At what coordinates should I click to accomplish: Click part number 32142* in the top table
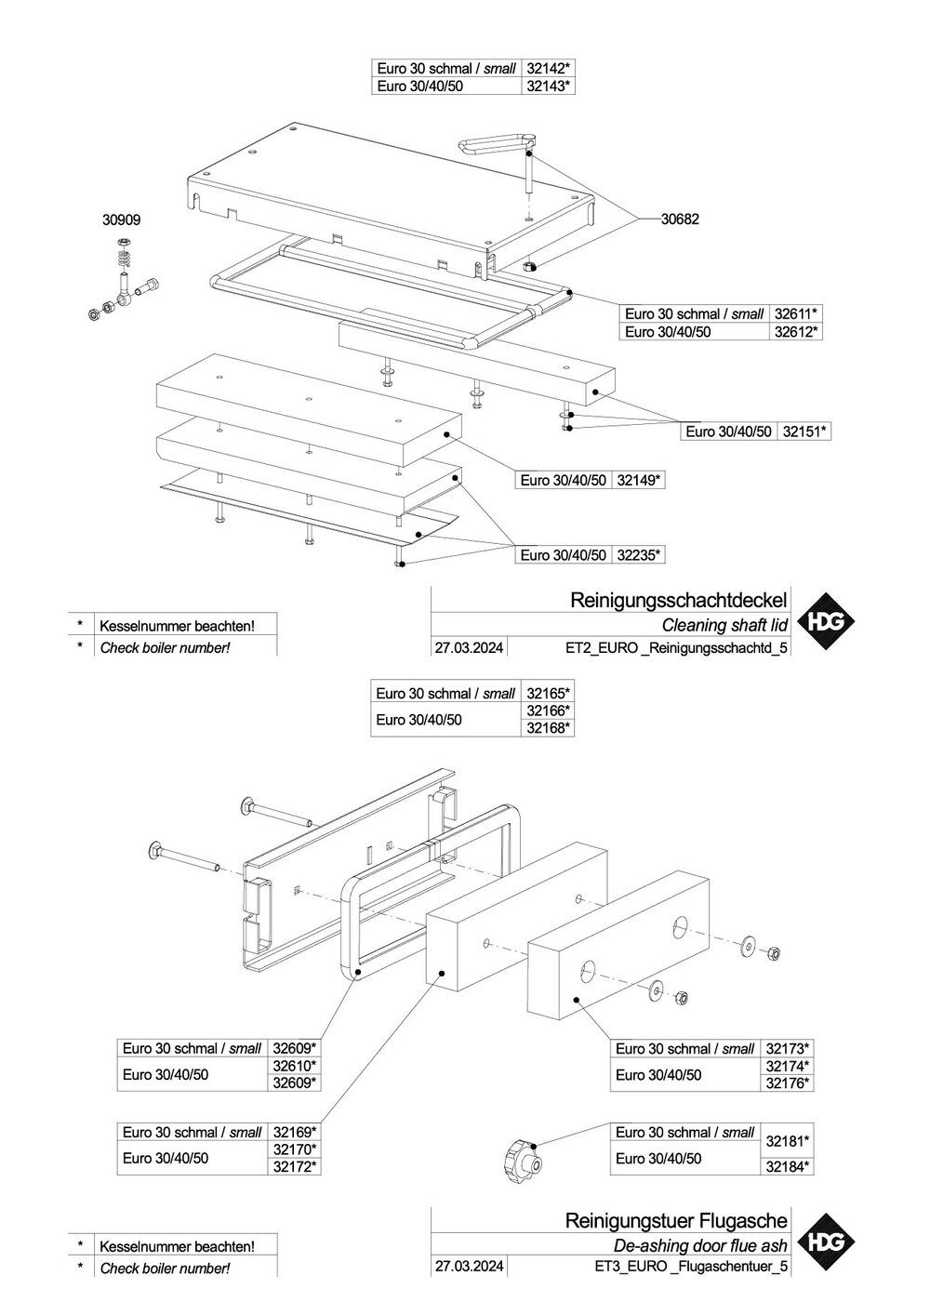tap(548, 68)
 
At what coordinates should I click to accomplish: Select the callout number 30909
tap(121, 221)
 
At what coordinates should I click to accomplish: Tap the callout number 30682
tap(679, 219)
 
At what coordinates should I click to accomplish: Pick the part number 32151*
tap(804, 432)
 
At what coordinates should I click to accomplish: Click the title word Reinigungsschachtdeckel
tap(679, 600)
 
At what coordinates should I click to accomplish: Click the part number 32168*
tap(548, 728)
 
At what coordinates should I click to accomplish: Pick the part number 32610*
tap(295, 1066)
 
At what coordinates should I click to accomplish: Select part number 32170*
tap(295, 1150)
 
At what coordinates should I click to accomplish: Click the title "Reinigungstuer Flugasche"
tap(676, 1220)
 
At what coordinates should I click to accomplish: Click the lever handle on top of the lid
tap(498, 144)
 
